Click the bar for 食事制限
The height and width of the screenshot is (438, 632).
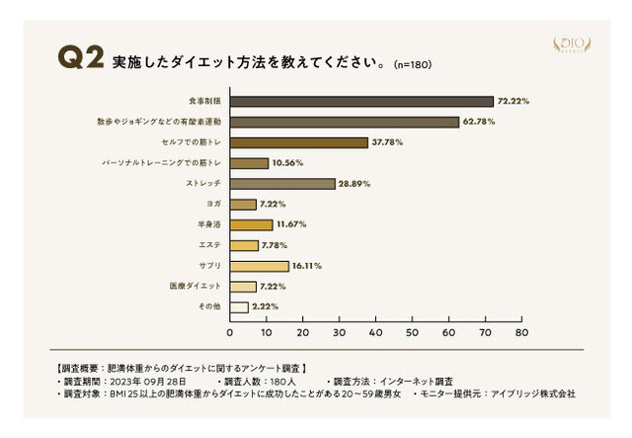(x=361, y=101)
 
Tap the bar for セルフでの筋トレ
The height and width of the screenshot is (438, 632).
(x=299, y=142)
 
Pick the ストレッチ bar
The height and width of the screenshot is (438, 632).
(x=282, y=184)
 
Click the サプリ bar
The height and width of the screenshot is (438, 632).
(x=260, y=266)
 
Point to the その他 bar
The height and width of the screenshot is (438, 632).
(x=239, y=307)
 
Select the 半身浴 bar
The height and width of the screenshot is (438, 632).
(x=251, y=224)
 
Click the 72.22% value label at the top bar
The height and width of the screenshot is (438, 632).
(x=513, y=101)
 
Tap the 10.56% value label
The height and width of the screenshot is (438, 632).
(x=288, y=163)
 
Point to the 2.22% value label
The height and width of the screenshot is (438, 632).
(x=266, y=307)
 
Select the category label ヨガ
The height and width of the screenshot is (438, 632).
(x=212, y=205)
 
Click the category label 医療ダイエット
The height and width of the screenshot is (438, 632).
(x=197, y=287)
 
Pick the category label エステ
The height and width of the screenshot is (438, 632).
(x=209, y=245)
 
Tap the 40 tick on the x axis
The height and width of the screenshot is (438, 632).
(x=376, y=333)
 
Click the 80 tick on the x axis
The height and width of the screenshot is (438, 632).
(x=522, y=333)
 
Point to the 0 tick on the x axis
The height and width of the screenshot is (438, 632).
(x=230, y=333)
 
